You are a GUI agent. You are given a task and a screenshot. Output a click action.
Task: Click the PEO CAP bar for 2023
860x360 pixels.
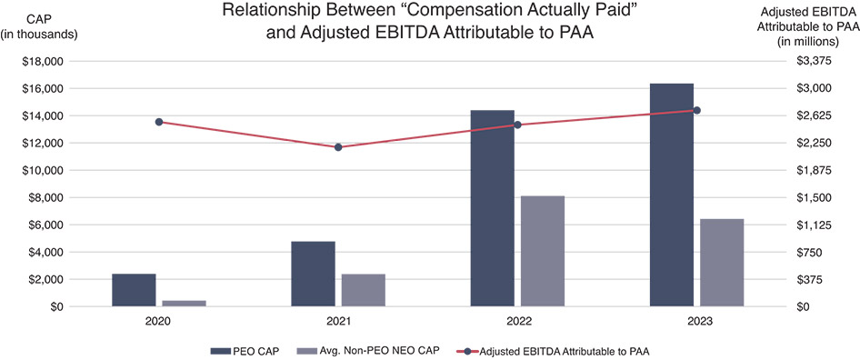[x=672, y=195]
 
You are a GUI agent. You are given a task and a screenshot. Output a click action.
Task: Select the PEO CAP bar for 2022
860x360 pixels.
[x=492, y=208]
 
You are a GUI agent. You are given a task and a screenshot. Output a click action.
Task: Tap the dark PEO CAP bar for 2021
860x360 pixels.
[x=313, y=274]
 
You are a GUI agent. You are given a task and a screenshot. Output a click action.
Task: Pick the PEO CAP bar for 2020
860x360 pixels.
[x=134, y=290]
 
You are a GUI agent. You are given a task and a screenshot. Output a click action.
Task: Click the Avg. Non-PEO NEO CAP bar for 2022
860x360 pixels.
[x=543, y=251]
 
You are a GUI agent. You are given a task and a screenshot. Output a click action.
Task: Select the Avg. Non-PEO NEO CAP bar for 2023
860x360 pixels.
[x=723, y=263]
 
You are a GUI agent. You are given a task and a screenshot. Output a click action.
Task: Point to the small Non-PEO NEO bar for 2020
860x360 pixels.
[x=185, y=303]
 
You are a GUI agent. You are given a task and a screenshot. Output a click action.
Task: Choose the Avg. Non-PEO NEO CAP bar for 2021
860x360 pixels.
[x=364, y=290]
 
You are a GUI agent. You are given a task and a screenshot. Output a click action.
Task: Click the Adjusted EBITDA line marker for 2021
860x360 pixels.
[x=338, y=146]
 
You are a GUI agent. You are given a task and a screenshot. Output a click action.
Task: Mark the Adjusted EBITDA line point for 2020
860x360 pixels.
[x=159, y=122]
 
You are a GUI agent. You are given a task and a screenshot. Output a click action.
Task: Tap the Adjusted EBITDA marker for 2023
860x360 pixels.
[x=697, y=110]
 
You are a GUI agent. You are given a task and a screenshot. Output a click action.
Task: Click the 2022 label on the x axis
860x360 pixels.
[x=517, y=322]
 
